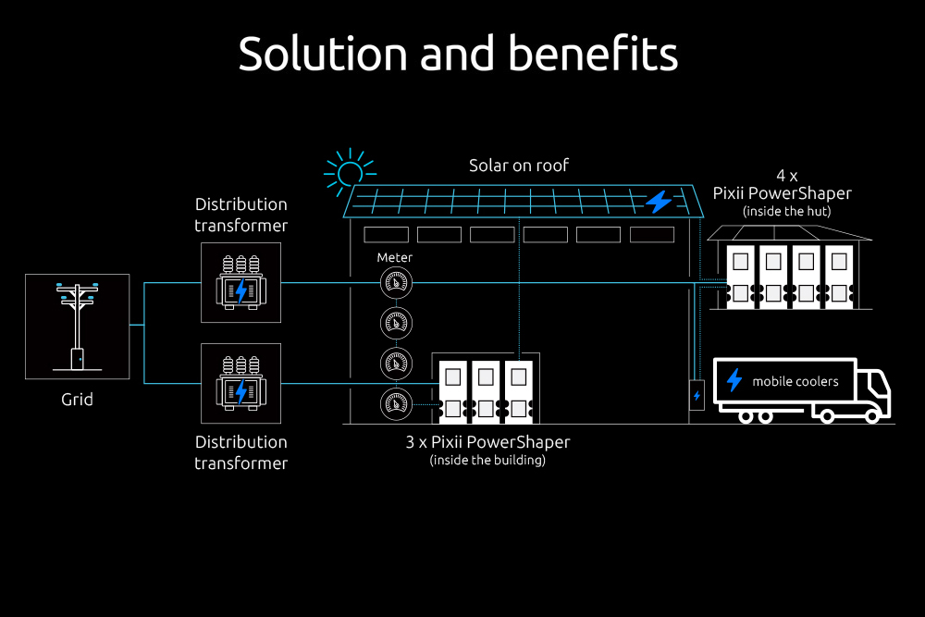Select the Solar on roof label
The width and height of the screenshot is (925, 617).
click(519, 166)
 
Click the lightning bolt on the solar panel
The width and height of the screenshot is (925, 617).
click(659, 201)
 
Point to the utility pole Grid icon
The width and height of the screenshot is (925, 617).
click(77, 326)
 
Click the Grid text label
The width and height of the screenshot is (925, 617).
click(77, 401)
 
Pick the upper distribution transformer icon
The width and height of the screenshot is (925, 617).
click(240, 282)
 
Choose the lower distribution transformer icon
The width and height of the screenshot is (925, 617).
click(240, 383)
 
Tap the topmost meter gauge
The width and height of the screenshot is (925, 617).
click(397, 280)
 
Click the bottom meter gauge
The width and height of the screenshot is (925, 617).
click(397, 403)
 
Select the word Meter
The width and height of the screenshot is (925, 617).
click(395, 257)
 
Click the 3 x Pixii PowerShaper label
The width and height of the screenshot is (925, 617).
click(487, 442)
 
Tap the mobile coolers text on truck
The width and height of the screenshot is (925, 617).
click(795, 381)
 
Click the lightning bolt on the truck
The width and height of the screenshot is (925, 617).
click(734, 380)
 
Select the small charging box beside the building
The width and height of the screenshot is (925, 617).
click(697, 395)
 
